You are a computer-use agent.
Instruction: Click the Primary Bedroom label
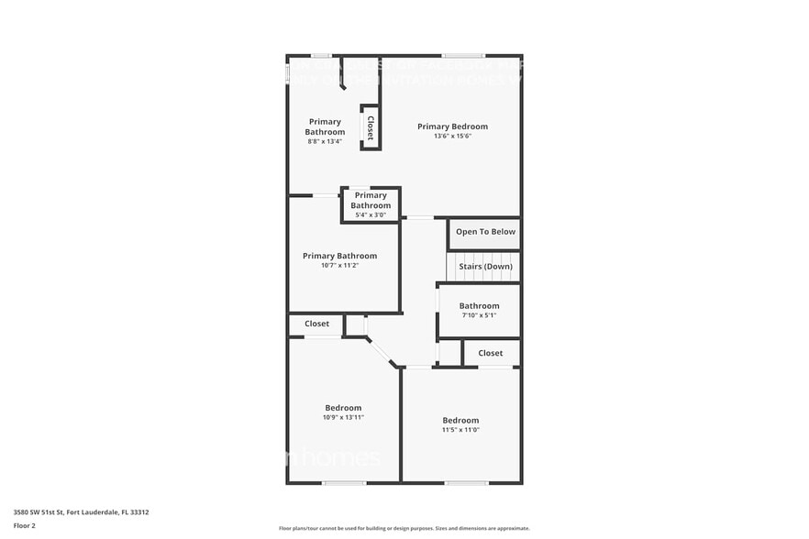[452, 126]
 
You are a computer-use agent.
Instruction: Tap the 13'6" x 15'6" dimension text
[452, 137]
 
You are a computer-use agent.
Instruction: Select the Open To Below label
[485, 232]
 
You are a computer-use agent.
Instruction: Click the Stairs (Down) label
[485, 267]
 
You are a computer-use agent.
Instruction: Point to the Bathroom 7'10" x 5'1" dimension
[479, 316]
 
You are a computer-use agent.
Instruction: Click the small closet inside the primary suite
[371, 127]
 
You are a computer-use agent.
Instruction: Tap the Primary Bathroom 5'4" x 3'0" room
[371, 205]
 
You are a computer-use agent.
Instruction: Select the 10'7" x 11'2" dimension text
[339, 266]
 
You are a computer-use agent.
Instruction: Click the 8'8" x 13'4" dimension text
[325, 142]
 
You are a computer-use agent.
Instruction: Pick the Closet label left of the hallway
[316, 324]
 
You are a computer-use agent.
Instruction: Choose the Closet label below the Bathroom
[490, 353]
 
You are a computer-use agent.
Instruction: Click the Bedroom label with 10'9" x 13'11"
[343, 408]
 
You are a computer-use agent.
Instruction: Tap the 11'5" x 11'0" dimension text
[460, 430]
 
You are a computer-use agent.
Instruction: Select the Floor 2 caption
[25, 525]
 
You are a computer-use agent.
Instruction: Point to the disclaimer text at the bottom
[404, 528]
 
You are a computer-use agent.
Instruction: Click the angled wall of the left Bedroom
[382, 352]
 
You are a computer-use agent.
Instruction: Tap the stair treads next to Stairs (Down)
[452, 267]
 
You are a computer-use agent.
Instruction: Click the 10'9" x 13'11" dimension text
[343, 418]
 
